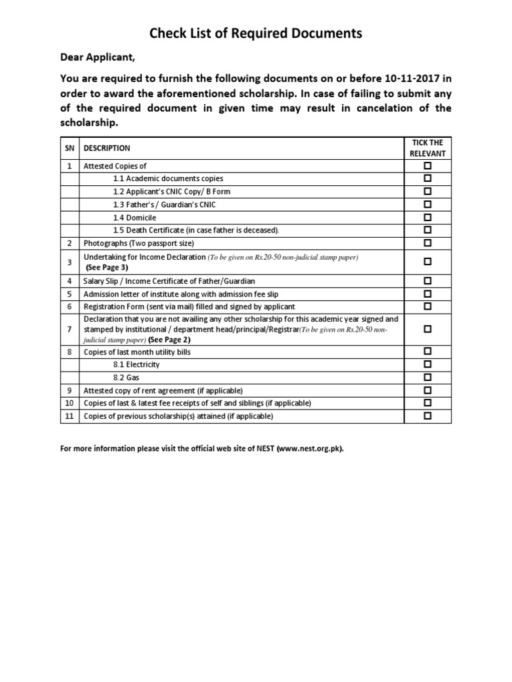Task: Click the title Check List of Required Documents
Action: click(x=256, y=33)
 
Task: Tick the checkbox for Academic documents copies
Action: click(x=427, y=178)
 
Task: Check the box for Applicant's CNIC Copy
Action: click(x=427, y=191)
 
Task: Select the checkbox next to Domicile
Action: click(x=427, y=217)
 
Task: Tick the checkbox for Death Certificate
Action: click(x=427, y=230)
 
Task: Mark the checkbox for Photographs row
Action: click(x=427, y=242)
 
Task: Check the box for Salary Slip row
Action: click(x=427, y=281)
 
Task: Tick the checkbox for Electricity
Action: click(x=427, y=364)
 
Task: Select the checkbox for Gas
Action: click(x=427, y=377)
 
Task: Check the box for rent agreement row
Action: click(x=427, y=390)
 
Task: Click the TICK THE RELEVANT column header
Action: click(x=427, y=148)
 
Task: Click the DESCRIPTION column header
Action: click(x=107, y=149)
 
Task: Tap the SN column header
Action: click(x=69, y=149)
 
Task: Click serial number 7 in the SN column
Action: click(x=69, y=329)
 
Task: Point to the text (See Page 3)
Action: click(x=107, y=267)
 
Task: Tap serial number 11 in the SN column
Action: click(x=69, y=416)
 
